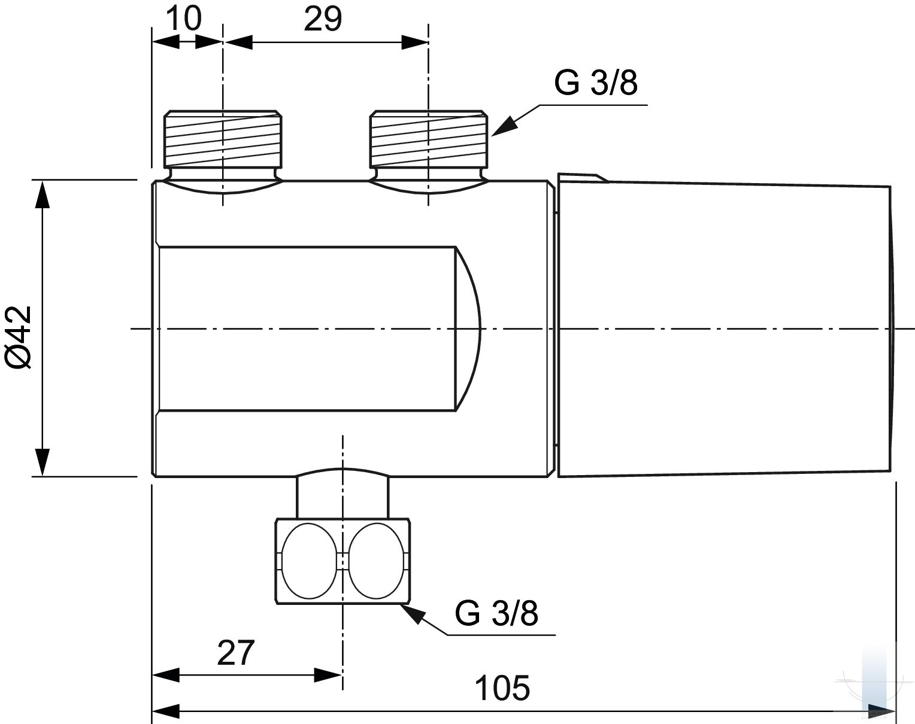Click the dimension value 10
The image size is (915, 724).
(x=183, y=19)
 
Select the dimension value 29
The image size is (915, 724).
(x=323, y=19)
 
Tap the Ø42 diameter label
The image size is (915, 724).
(x=19, y=338)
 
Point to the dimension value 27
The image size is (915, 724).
(x=235, y=652)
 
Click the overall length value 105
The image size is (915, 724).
(x=502, y=688)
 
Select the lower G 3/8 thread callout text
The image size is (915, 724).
(x=496, y=613)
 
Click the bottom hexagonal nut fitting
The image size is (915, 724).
(x=343, y=561)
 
